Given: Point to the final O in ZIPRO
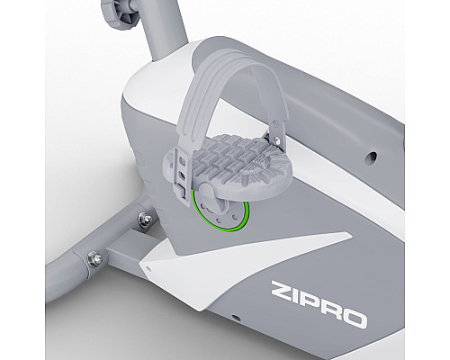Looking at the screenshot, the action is (355, 318).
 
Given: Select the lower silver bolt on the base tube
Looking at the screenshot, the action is (94, 258).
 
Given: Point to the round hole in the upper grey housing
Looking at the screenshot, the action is (372, 157).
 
